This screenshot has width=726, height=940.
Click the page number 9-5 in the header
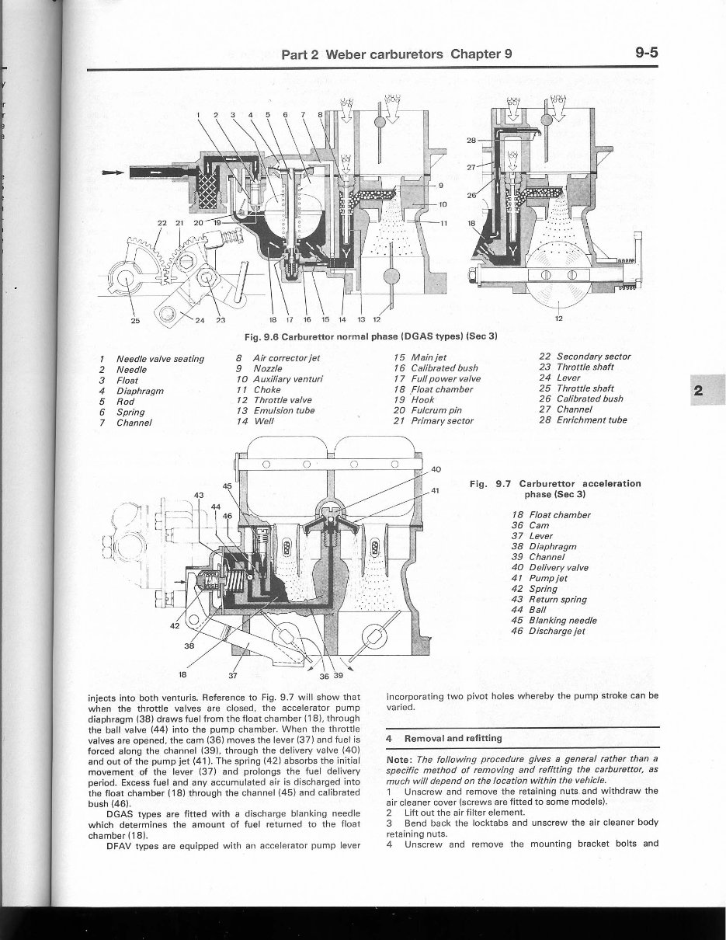coord(646,54)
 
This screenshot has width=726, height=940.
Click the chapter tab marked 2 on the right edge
coord(699,392)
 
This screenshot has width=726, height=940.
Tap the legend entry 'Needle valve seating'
coord(159,358)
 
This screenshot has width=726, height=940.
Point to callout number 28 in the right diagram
coord(471,141)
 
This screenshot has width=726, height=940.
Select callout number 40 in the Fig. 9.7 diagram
coord(435,469)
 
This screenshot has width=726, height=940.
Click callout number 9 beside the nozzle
coord(441,185)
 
